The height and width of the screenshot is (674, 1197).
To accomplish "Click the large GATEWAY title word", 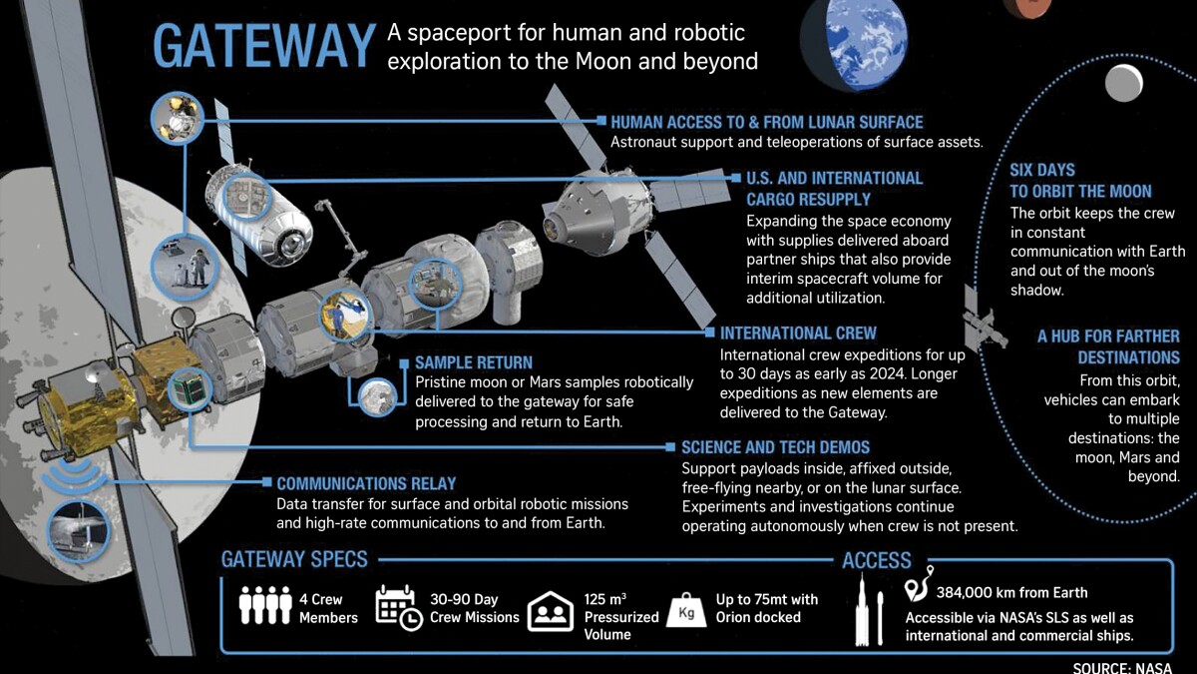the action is pyautogui.click(x=264, y=46).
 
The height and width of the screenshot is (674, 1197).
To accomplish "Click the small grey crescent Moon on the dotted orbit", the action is pyautogui.click(x=1124, y=83).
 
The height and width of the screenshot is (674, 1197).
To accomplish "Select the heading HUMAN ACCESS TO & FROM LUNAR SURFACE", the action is pyautogui.click(x=767, y=123).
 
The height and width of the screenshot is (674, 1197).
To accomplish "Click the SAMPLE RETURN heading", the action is pyautogui.click(x=474, y=362).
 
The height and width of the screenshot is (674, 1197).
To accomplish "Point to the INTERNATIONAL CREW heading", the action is pyautogui.click(x=798, y=334).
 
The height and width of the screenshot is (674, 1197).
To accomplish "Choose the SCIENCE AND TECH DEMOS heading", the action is pyautogui.click(x=775, y=447).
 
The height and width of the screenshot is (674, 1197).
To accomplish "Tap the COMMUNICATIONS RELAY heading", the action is pyautogui.click(x=366, y=483).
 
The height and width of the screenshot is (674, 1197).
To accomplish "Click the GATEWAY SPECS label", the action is pyautogui.click(x=294, y=559).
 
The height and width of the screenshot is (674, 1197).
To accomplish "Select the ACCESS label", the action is pyautogui.click(x=877, y=560).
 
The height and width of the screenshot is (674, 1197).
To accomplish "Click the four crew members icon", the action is pyautogui.click(x=265, y=605).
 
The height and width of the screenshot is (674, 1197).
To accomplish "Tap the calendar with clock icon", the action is pyautogui.click(x=398, y=607).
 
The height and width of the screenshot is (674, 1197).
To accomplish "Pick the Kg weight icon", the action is pyautogui.click(x=686, y=610).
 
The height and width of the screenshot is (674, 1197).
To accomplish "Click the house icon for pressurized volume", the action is pyautogui.click(x=551, y=611).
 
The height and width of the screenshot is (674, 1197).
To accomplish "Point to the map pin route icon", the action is pyautogui.click(x=918, y=584).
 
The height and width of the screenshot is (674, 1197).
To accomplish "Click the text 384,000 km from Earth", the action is pyautogui.click(x=1011, y=593).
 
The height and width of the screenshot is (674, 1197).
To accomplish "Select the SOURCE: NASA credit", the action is pyautogui.click(x=1122, y=668).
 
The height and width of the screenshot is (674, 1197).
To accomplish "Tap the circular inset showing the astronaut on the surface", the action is pyautogui.click(x=185, y=267).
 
